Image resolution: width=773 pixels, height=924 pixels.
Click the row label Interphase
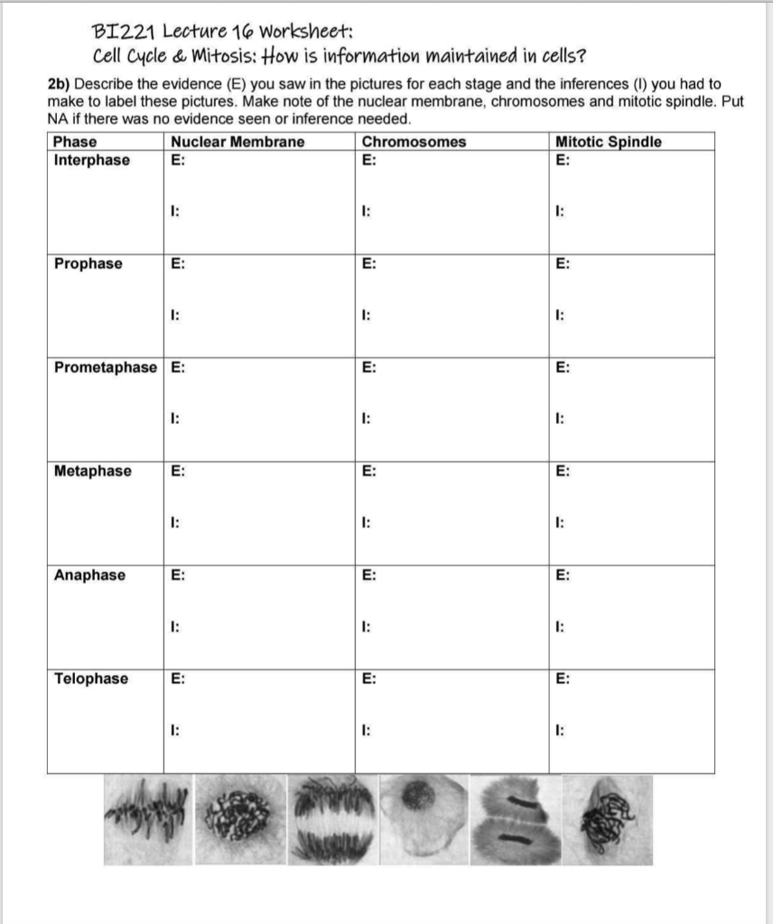(x=92, y=161)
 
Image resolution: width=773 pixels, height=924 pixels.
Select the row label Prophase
(x=88, y=264)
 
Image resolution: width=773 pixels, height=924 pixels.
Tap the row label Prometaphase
(x=105, y=368)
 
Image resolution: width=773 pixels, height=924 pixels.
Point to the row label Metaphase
(x=92, y=471)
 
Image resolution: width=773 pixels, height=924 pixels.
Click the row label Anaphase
(x=89, y=575)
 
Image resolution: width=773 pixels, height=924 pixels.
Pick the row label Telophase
(x=90, y=679)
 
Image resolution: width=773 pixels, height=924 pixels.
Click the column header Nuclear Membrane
(x=237, y=142)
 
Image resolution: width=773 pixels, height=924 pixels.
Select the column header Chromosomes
(x=414, y=142)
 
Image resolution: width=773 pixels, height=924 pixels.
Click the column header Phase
(x=75, y=142)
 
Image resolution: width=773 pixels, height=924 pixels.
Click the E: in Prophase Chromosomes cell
(x=368, y=264)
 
